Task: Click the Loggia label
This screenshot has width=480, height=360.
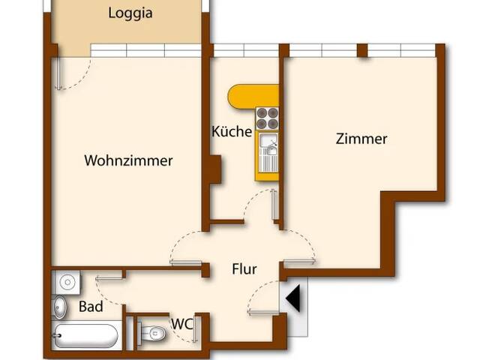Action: coord(130,13)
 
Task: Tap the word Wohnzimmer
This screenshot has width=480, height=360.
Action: coord(128,160)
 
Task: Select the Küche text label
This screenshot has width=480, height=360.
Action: coord(232,131)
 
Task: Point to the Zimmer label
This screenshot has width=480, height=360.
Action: coord(361,139)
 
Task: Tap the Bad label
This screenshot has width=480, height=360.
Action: coord(91,307)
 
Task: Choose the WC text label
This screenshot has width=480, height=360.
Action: coord(181,324)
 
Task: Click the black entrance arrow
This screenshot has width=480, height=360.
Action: coord(294,298)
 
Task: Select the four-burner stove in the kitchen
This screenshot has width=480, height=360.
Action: coord(267,118)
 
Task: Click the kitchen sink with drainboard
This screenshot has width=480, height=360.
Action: coord(267,149)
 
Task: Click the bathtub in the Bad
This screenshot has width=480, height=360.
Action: coord(85,335)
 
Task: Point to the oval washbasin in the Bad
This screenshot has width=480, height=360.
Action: coord(60,307)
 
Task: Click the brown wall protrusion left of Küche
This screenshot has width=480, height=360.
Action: coord(214,169)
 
